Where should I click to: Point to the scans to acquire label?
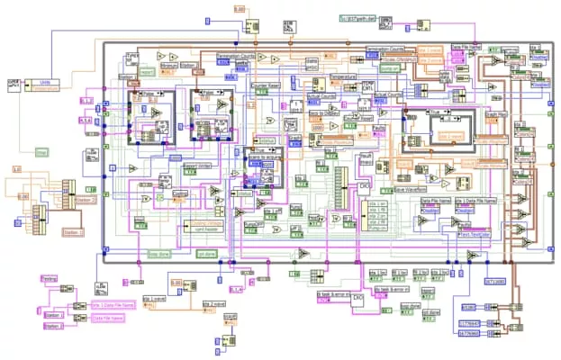click(267, 156)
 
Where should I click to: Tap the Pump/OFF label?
click(254, 212)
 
